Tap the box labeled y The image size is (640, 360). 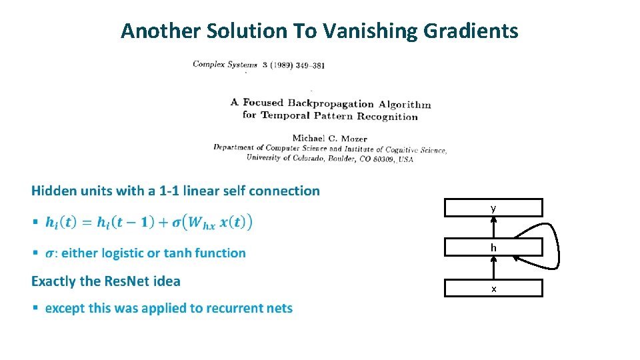493,208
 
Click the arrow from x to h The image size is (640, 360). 493,269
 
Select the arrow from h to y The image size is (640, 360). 493,228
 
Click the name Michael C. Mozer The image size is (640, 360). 329,139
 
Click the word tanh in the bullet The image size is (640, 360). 175,253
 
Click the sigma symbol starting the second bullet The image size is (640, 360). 50,253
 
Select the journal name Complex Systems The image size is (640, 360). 225,65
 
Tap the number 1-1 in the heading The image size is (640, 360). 167,191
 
